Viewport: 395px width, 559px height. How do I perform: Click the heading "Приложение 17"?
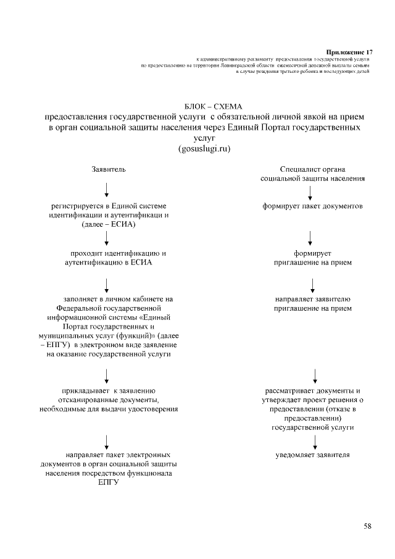coord(349,51)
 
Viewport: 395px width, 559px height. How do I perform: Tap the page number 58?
coord(367,526)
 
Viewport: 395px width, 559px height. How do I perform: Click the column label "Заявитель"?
coord(109,169)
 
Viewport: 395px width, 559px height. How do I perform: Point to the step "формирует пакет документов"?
coord(312,206)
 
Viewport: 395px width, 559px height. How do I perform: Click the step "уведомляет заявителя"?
coord(312,455)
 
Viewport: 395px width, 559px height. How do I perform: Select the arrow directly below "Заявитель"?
coord(107,189)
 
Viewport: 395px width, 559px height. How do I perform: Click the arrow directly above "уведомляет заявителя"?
coord(316,440)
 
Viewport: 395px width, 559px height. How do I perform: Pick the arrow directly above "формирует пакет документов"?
coord(310,191)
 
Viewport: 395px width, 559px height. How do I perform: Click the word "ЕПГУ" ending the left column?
coord(108,482)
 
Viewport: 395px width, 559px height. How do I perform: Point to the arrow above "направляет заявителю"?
coord(314,284)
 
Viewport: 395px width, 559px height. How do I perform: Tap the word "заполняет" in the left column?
coord(82,299)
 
